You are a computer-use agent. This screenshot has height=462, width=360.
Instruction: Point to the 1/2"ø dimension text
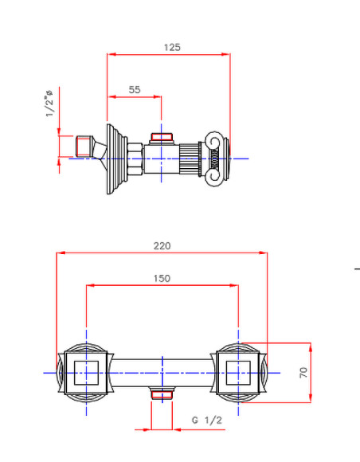pos(49,104)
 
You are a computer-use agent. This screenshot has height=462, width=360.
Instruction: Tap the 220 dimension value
pos(162,246)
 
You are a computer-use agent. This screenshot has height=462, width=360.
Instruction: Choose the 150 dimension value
pos(162,278)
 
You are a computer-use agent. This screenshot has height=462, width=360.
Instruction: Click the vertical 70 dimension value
pos(303,372)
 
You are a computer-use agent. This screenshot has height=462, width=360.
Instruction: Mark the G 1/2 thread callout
pos(205,420)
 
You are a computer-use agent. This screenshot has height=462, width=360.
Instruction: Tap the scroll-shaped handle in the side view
pos(216,158)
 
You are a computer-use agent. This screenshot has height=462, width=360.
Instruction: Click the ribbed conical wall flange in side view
pos(115,158)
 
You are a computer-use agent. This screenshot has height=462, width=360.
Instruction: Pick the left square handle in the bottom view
pos(85,372)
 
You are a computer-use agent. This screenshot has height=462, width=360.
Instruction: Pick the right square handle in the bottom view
pos(238,372)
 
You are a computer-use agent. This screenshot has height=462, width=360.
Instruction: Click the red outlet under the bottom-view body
pos(162,395)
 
